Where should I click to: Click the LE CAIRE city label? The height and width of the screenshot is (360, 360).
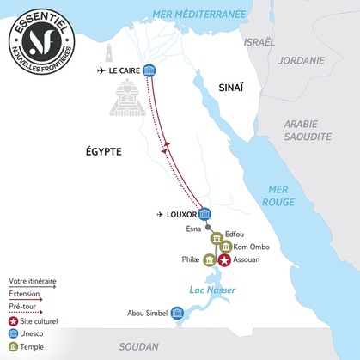coord(121,70)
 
